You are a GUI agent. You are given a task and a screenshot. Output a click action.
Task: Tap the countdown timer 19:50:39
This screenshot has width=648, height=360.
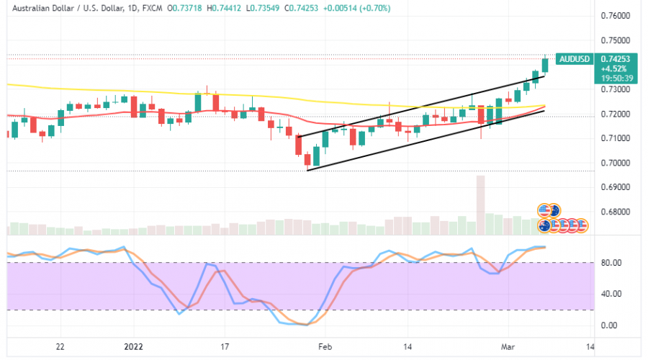tap(611, 78)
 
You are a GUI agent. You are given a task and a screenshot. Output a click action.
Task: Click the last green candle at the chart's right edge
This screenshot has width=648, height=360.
tap(545, 66)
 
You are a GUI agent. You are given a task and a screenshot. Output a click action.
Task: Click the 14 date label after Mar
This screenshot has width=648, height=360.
tap(590, 346)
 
